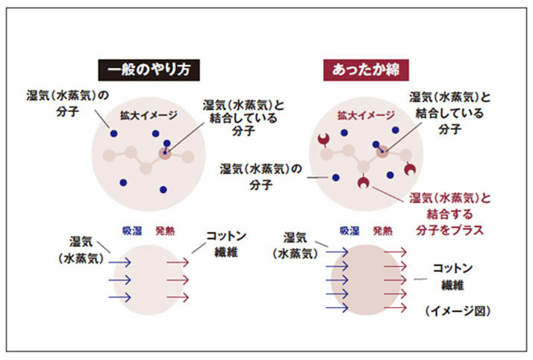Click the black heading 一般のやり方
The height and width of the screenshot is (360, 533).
149,70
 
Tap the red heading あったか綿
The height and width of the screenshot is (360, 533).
366,70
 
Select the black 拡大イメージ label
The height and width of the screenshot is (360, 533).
149,115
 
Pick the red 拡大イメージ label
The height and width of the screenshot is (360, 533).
366,115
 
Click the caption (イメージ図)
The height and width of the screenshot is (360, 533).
458,311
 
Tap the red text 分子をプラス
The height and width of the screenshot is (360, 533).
449,230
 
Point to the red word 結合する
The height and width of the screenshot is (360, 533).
449,214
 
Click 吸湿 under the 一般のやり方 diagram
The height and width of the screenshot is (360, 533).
132,231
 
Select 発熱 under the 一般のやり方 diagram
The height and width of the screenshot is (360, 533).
165,231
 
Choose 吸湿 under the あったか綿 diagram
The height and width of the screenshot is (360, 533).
349,231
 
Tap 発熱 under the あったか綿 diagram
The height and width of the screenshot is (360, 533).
383,231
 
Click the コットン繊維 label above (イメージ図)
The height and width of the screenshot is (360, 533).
452,276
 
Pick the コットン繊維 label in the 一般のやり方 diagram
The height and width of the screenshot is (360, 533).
226,244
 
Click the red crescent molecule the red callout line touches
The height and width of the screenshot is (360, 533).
364,182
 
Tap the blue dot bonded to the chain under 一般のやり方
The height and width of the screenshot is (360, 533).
166,143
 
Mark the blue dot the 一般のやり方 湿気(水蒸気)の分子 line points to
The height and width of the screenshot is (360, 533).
114,134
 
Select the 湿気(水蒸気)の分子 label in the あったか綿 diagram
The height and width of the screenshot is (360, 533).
261,177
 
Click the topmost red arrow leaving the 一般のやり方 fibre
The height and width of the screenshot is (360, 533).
178,262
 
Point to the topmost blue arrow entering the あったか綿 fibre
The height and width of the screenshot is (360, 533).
337,252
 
